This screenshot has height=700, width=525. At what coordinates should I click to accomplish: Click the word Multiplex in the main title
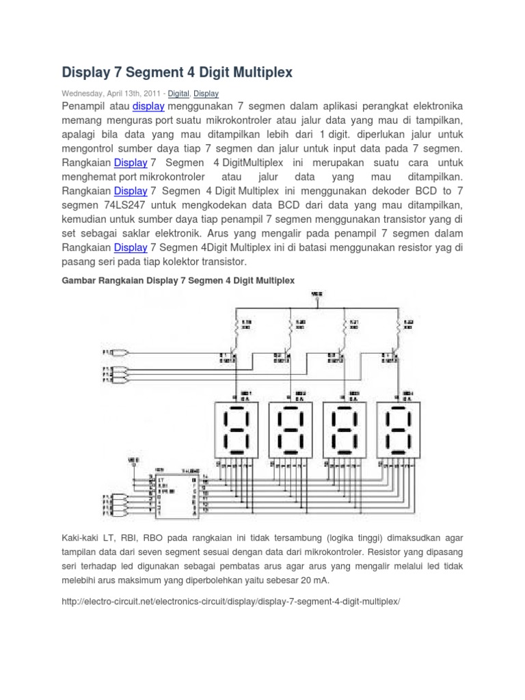coord(255,71)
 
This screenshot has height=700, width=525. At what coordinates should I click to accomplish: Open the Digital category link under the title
coord(179,93)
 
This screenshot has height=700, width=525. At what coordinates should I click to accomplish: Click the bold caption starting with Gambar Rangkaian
coord(178,280)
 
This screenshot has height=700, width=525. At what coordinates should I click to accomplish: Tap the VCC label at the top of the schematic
coord(317,294)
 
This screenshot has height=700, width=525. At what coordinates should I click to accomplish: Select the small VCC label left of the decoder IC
coord(134,461)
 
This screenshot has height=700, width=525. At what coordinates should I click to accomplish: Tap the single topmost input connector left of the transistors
coord(120,353)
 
